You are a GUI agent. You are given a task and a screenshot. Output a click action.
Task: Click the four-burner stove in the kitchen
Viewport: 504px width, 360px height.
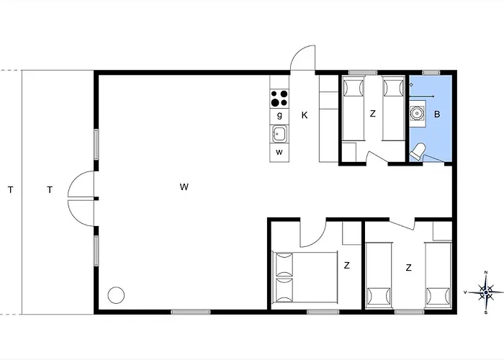click(279, 99)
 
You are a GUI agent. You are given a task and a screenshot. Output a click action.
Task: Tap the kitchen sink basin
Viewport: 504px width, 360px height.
click(279, 134)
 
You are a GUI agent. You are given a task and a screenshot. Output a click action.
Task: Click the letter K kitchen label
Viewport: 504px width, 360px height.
click(305, 115)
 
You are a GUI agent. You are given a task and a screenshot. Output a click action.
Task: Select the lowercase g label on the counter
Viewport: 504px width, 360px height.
click(279, 115)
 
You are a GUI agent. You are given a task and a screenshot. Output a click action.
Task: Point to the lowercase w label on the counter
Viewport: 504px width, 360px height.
click(279, 152)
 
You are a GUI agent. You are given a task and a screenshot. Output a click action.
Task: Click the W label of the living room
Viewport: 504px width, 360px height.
click(184, 186)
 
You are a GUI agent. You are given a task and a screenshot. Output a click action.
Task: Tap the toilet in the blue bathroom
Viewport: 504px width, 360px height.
click(417, 151)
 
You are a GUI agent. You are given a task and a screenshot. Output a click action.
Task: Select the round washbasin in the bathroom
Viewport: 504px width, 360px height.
click(417, 113)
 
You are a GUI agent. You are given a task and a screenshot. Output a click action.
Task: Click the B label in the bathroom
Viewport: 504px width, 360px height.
click(437, 114)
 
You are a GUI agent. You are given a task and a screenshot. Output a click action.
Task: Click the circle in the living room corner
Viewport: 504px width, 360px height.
click(116, 294)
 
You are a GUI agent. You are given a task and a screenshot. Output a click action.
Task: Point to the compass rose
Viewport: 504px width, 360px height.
click(486, 292)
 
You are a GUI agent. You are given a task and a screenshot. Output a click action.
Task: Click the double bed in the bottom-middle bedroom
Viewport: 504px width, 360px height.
click(305, 276)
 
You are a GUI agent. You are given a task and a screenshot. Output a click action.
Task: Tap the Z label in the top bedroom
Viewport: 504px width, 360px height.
click(372, 114)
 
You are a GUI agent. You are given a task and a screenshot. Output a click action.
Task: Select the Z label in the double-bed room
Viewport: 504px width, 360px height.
click(346, 266)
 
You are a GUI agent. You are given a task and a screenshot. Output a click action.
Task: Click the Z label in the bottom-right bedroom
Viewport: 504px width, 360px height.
click(408, 267)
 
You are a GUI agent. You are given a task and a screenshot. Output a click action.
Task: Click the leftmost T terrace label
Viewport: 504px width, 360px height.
click(11, 190)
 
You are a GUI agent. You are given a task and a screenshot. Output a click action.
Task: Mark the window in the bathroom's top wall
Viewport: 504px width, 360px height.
click(431, 72)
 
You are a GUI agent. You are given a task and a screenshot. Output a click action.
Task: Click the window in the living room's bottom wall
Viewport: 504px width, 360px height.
click(191, 312)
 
